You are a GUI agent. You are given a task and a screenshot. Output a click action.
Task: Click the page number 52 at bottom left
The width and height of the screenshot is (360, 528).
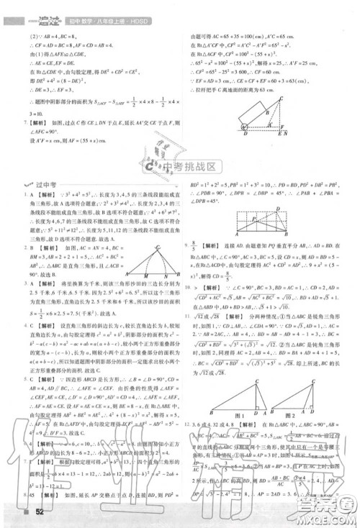click(x=31, y=512)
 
